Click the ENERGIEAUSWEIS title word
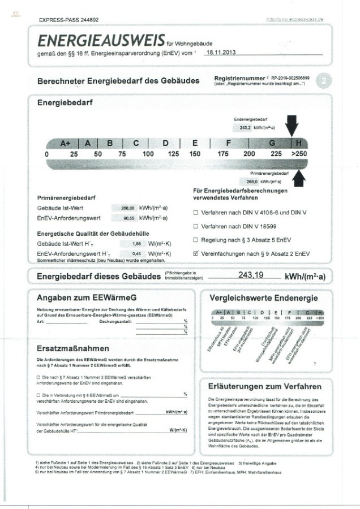(x=101, y=40)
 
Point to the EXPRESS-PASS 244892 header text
(x=68, y=20)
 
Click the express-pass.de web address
(x=294, y=19)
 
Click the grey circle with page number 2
(x=323, y=80)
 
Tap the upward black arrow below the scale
(x=299, y=178)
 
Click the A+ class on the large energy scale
(x=65, y=143)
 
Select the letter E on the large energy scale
(x=195, y=143)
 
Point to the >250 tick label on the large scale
(x=299, y=154)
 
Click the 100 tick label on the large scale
(x=148, y=154)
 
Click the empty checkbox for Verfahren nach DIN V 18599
(x=196, y=226)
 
